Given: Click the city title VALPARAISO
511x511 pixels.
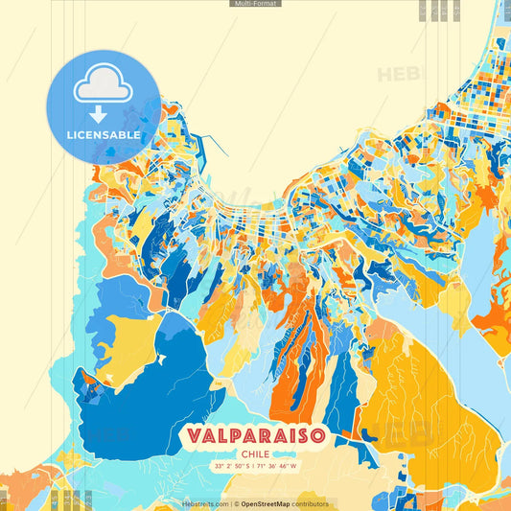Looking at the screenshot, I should coord(255,435).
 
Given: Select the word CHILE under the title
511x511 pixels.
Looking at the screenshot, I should coord(255,453).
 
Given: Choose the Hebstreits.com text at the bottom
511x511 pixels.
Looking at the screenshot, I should coord(204,503).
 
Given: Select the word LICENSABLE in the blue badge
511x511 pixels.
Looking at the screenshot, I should coord(103,135).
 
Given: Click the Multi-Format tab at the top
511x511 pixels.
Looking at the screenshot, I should coord(255,4).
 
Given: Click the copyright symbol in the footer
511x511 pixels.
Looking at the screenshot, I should coord(235,503).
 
